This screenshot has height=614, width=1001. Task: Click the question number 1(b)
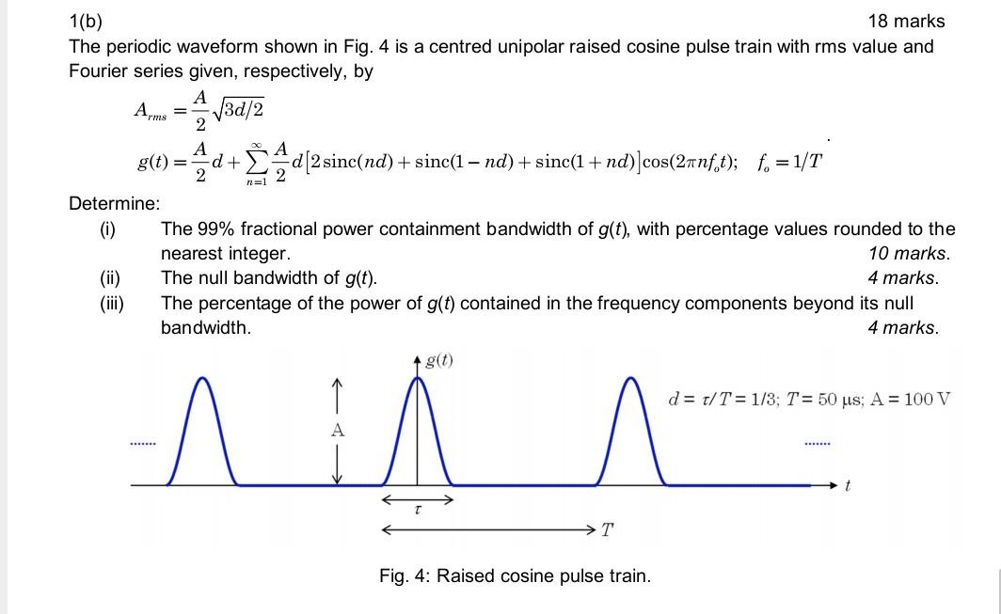pyautogui.click(x=87, y=21)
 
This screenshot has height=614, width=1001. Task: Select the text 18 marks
pyautogui.click(x=906, y=21)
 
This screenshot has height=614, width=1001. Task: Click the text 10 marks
pyautogui.click(x=910, y=253)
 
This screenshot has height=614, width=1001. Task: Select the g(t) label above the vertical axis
pyautogui.click(x=439, y=360)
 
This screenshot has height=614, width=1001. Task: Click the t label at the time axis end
pyautogui.click(x=848, y=486)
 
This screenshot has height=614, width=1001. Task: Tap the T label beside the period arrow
pyautogui.click(x=607, y=530)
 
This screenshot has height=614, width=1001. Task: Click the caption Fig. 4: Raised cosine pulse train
pyautogui.click(x=515, y=575)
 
